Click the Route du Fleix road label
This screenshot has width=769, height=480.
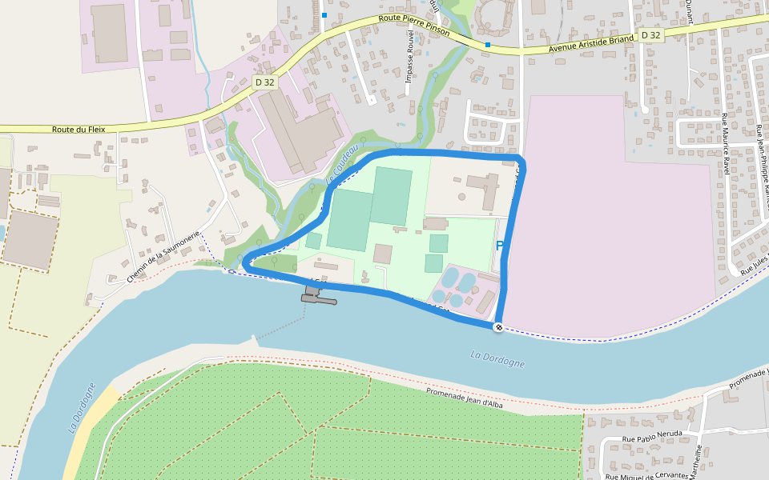pyautogui.click(x=79, y=129)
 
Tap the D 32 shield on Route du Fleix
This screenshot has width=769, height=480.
pyautogui.click(x=264, y=82)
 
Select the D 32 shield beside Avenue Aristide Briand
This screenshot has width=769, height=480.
pyautogui.click(x=650, y=35)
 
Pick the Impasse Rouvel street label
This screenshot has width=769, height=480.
pyautogui.click(x=409, y=62)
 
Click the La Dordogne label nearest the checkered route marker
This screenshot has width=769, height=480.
pyautogui.click(x=497, y=359)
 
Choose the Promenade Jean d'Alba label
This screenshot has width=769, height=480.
pyautogui.click(x=464, y=398)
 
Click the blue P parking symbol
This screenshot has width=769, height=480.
pyautogui.click(x=500, y=246)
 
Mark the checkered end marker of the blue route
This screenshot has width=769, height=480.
pyautogui.click(x=498, y=327)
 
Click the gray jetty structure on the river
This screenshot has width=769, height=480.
pyautogui.click(x=319, y=297)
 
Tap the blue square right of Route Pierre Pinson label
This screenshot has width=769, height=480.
pyautogui.click(x=487, y=45)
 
